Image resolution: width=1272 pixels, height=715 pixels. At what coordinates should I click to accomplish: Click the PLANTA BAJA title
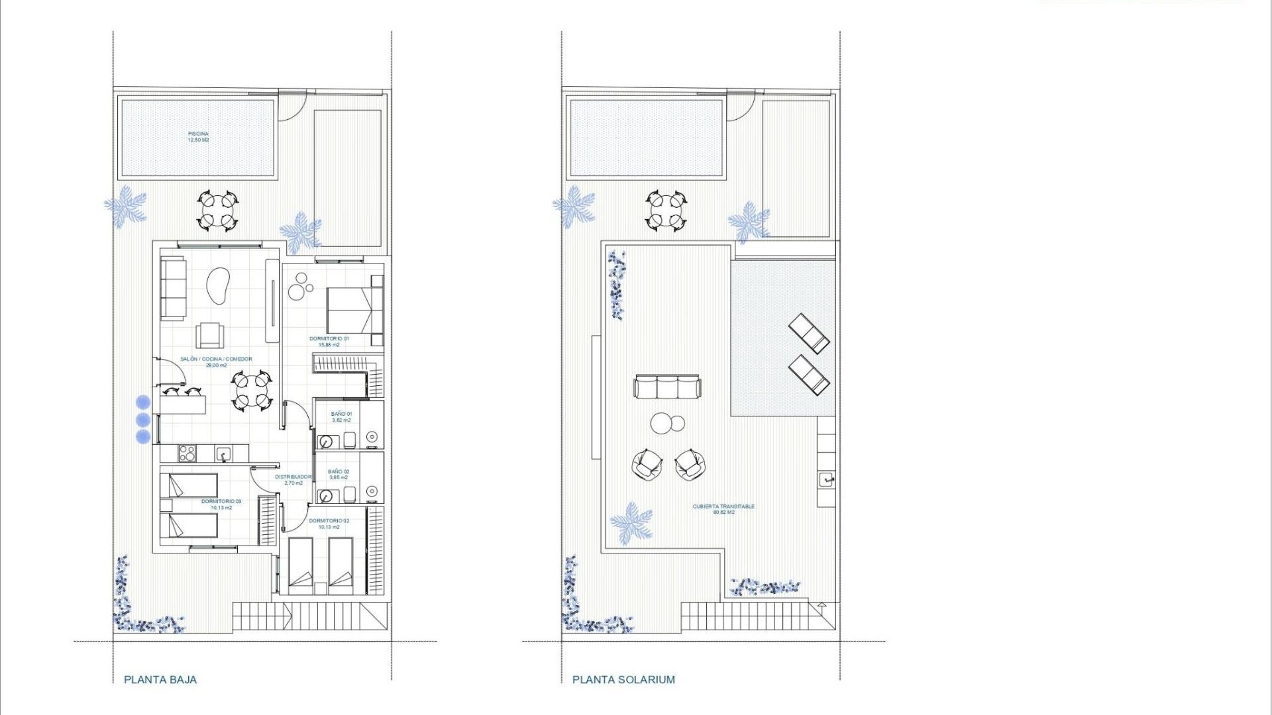(x=160, y=679)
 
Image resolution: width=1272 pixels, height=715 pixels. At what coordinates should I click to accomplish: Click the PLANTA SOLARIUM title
(x=623, y=679)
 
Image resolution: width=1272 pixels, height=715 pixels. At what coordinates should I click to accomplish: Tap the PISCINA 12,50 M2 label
(x=198, y=137)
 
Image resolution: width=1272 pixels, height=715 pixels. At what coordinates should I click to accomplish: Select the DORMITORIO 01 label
(x=329, y=342)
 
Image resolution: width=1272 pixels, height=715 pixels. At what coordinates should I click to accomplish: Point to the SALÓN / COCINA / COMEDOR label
(x=216, y=362)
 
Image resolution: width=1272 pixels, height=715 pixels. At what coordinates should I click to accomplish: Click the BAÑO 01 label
(x=341, y=417)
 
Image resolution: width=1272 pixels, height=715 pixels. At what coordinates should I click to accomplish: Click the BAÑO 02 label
(x=339, y=475)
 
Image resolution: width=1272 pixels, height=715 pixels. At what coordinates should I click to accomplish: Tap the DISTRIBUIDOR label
(x=293, y=479)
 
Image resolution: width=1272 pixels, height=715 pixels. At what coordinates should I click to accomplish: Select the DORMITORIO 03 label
(x=221, y=504)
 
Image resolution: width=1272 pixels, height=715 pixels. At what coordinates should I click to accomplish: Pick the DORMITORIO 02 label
(x=329, y=524)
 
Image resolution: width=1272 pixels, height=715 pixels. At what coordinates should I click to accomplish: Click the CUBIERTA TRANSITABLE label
(x=723, y=509)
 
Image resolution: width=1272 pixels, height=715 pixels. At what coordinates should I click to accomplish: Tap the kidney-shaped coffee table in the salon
(x=218, y=285)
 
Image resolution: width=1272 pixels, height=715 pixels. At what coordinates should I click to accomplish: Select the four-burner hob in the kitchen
(x=187, y=453)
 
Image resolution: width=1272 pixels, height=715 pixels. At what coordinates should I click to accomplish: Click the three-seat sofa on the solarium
(x=666, y=387)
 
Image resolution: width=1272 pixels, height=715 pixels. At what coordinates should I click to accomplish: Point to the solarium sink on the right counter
(x=825, y=479)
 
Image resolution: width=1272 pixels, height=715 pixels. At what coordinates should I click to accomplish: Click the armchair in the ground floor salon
(x=209, y=335)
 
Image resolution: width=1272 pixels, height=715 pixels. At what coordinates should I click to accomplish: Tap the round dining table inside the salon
(x=252, y=391)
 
